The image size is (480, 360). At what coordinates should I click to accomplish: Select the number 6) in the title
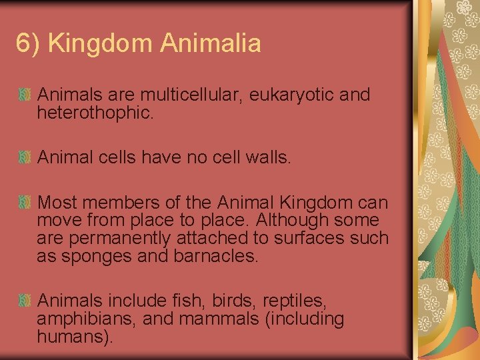point(29,44)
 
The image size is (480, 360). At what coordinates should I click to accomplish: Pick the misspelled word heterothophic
point(95,113)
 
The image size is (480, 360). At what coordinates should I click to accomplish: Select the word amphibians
point(87,319)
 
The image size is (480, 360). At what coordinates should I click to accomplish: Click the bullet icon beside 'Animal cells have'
point(25,158)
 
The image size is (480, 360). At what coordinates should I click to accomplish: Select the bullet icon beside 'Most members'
point(25,203)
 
